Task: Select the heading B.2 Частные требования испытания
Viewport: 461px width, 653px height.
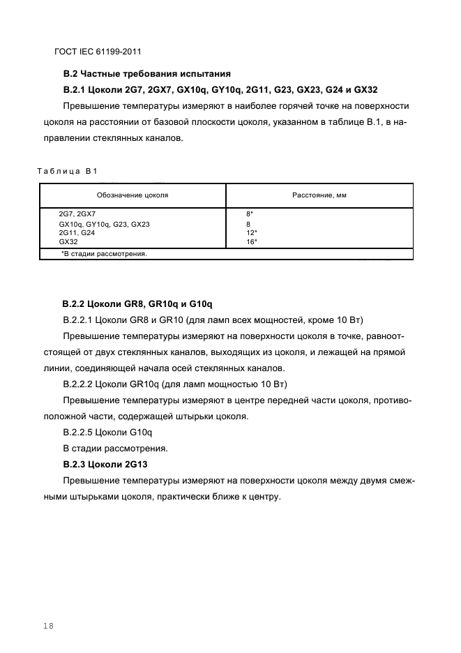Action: click(x=146, y=73)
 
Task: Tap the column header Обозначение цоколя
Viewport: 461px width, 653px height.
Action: click(x=133, y=195)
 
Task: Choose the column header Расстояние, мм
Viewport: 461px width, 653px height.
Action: click(x=319, y=195)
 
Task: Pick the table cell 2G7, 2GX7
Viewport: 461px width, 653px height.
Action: click(x=77, y=215)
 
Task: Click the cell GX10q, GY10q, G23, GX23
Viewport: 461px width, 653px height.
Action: click(x=104, y=224)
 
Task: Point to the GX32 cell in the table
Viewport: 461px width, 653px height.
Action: click(x=68, y=241)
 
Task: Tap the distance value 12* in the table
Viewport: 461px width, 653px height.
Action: click(x=252, y=232)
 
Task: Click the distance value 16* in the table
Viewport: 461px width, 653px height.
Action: click(x=252, y=241)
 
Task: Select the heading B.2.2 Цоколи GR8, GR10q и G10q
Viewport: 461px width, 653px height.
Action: click(x=137, y=304)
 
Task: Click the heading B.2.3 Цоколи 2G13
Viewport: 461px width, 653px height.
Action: click(x=105, y=464)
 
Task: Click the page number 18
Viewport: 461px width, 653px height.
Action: click(x=47, y=626)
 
